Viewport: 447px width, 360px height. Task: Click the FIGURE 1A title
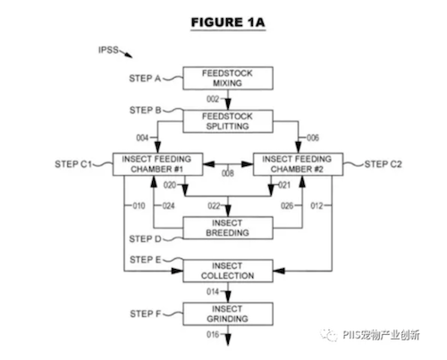point(228,22)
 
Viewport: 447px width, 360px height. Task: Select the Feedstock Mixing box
point(228,78)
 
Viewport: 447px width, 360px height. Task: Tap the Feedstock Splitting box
point(228,121)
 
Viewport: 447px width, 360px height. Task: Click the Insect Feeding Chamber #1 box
point(157,164)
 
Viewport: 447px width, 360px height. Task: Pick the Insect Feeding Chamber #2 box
point(298,164)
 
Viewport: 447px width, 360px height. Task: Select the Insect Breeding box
point(228,228)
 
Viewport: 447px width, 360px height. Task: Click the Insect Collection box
point(228,271)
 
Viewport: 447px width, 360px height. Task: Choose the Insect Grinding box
point(228,314)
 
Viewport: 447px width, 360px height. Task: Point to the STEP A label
point(145,79)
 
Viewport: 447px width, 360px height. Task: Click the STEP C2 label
point(384,164)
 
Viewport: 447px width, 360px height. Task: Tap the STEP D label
point(145,239)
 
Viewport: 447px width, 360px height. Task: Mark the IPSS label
point(108,50)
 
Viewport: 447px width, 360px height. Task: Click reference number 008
point(228,173)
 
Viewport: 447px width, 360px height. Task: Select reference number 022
point(214,205)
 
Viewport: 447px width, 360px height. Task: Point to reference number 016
point(213,334)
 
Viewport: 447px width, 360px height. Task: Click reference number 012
point(316,205)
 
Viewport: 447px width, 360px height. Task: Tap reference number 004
point(142,138)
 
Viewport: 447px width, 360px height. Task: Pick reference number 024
point(168,205)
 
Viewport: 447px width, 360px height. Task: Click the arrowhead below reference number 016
point(228,339)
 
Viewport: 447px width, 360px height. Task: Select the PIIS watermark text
point(381,335)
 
